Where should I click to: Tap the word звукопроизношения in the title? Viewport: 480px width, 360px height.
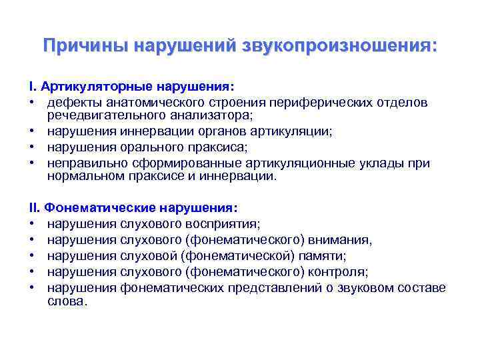pos(340,47)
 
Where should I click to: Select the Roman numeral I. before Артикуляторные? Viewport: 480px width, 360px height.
pos(33,87)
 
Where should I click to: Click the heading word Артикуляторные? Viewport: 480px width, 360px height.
pos(95,87)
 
